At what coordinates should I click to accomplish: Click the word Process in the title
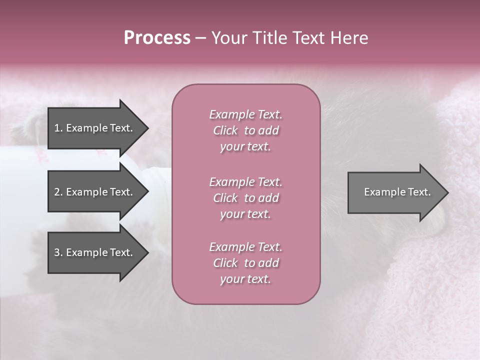point(157,38)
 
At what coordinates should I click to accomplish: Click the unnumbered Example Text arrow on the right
point(397,192)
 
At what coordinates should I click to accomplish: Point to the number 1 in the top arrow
point(57,128)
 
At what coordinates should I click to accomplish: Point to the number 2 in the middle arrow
point(57,192)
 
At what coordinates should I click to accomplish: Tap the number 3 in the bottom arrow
point(57,252)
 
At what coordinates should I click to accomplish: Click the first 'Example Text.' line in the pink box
point(245,114)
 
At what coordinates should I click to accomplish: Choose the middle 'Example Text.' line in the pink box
point(245,182)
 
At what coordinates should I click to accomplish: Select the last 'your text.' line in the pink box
point(245,279)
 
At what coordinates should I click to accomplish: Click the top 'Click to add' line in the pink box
point(245,130)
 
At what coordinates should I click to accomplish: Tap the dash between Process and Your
point(200,38)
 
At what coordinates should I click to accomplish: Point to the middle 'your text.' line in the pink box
point(245,214)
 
